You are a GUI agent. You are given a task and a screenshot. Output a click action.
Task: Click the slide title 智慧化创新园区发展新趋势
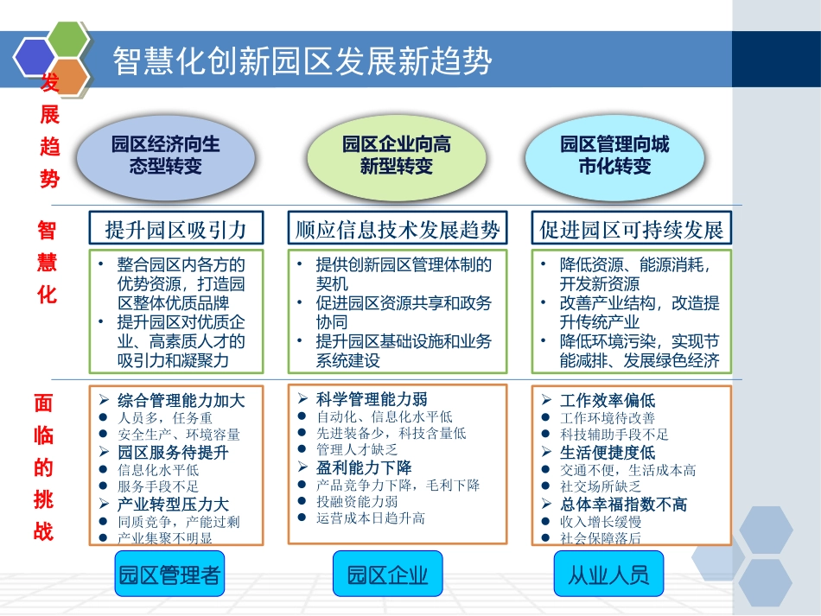point(302,61)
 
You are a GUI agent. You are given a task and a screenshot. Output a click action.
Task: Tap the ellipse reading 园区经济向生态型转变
point(166,155)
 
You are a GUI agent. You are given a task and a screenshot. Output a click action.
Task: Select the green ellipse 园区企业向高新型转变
point(396,155)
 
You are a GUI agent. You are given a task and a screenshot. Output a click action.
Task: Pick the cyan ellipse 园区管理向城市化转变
point(614,155)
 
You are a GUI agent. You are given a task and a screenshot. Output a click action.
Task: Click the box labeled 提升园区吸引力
point(175,229)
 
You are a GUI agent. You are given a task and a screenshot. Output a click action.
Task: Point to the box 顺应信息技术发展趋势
point(398,229)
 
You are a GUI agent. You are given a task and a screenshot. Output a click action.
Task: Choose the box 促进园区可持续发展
point(631,229)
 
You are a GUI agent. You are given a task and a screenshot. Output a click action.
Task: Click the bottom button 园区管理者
point(169,575)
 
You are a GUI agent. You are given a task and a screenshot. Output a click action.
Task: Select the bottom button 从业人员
point(608,575)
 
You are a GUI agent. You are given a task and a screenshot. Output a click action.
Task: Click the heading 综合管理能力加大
point(181,401)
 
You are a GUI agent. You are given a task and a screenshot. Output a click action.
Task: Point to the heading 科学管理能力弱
point(372,399)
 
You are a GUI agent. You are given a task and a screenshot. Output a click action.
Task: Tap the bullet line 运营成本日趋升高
point(371,518)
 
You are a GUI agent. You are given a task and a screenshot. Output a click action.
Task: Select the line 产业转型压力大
point(173,505)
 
